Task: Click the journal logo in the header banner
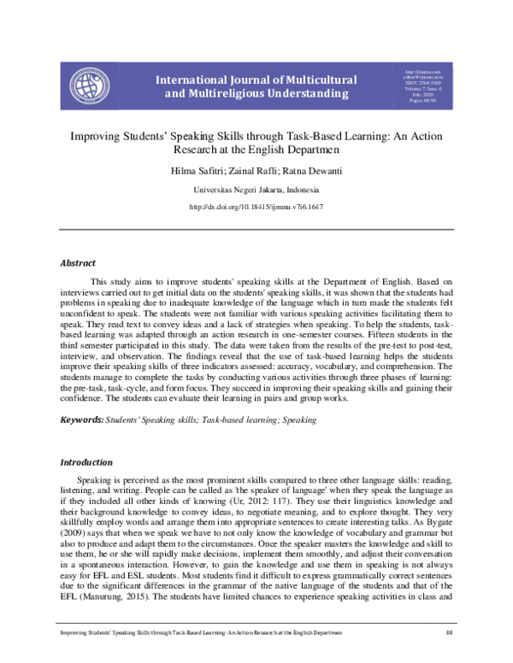89,85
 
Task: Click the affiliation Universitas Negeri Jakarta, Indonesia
256,189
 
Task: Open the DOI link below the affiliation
256,207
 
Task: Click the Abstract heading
77,263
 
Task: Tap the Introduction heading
85,462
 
